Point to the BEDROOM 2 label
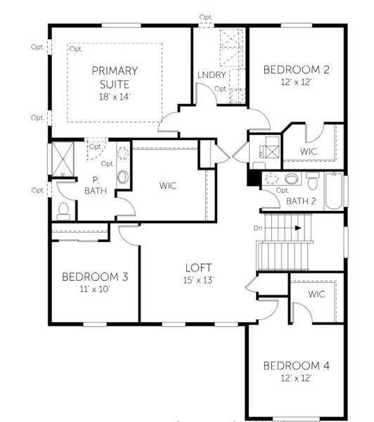point(296,70)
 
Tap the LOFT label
point(199,268)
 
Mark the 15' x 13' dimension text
point(199,280)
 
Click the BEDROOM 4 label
point(296,366)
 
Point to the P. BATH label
point(93,185)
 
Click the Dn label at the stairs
point(259,228)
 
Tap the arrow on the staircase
point(298,228)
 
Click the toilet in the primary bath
point(64,209)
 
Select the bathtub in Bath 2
point(333,191)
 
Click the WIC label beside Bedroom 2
point(309,151)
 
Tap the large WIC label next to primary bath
point(167,186)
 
